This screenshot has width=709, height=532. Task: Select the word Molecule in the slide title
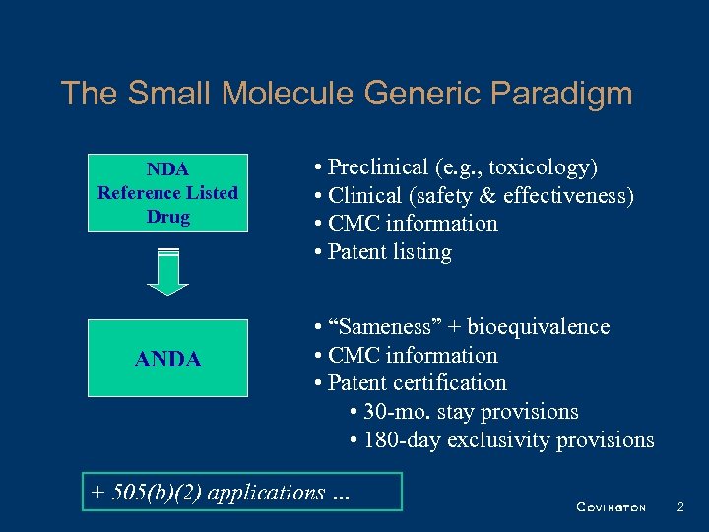click(x=291, y=94)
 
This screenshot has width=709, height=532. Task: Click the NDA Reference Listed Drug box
click(x=167, y=192)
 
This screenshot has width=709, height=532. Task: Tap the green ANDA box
click(x=167, y=360)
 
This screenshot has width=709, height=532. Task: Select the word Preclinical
click(x=379, y=167)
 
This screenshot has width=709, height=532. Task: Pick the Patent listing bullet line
click(x=384, y=252)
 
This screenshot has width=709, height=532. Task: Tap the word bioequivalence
click(x=538, y=327)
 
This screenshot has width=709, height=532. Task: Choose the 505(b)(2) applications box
click(x=242, y=492)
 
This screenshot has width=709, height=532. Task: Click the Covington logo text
click(x=611, y=508)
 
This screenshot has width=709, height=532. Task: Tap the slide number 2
click(x=679, y=507)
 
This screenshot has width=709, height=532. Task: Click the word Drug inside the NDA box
click(x=167, y=216)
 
